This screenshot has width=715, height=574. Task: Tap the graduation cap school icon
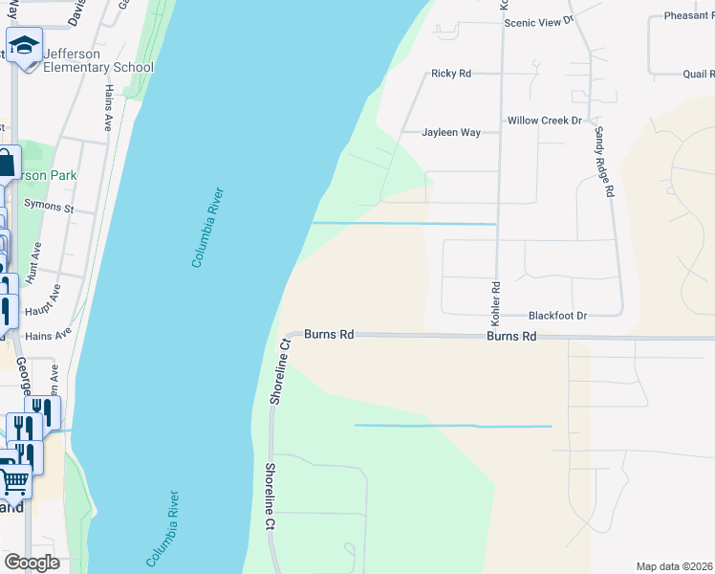pyautogui.click(x=24, y=46)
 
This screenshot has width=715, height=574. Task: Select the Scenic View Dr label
pyautogui.click(x=538, y=20)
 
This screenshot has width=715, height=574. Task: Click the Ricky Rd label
pyautogui.click(x=451, y=73)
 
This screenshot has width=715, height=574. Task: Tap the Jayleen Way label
pyautogui.click(x=451, y=133)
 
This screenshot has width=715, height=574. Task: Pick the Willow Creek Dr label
pyautogui.click(x=544, y=121)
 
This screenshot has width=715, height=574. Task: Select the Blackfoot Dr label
pyautogui.click(x=557, y=315)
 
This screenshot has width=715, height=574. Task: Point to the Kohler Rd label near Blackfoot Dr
pyautogui.click(x=496, y=299)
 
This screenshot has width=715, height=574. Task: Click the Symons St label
pyautogui.click(x=49, y=207)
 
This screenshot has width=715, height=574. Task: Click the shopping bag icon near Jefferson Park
pyautogui.click(x=5, y=165)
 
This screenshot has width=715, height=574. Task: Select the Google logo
pyautogui.click(x=32, y=563)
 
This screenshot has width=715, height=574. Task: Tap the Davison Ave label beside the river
pyautogui.click(x=78, y=11)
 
